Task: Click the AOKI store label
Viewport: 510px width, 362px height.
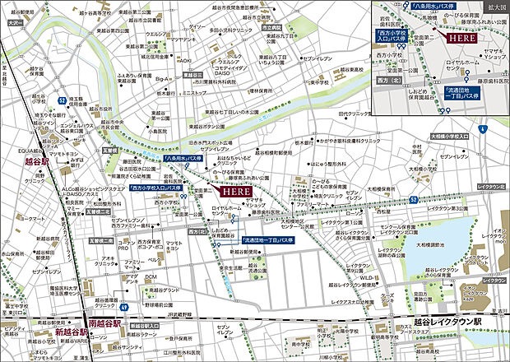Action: coord(185,61)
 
